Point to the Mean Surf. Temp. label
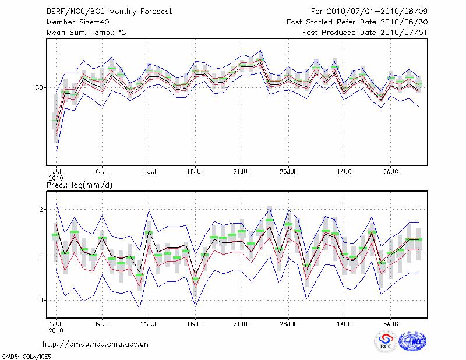coord(86,33)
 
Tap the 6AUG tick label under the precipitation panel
coord(390,323)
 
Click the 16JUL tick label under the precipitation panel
coord(195,323)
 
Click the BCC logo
coord(386,341)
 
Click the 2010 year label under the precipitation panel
coord(55,330)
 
